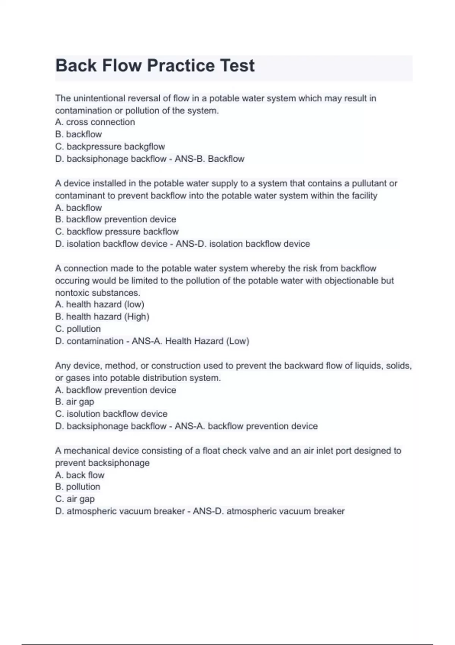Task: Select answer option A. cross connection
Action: coord(95,122)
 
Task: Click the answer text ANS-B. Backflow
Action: coord(209,159)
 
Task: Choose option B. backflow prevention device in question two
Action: coord(115,219)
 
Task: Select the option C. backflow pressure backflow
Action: coord(117,231)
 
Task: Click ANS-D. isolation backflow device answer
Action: coord(243,244)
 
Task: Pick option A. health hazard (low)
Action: coord(99,304)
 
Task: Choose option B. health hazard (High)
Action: coord(102,316)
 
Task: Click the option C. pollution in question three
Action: coord(78,329)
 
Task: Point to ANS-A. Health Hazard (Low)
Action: coord(190,341)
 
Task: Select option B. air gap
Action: coord(75,401)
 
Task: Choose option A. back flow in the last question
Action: coord(80,475)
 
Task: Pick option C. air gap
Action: coord(75,499)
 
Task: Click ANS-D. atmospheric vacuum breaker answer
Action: coord(268,511)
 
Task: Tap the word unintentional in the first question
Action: coord(99,98)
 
